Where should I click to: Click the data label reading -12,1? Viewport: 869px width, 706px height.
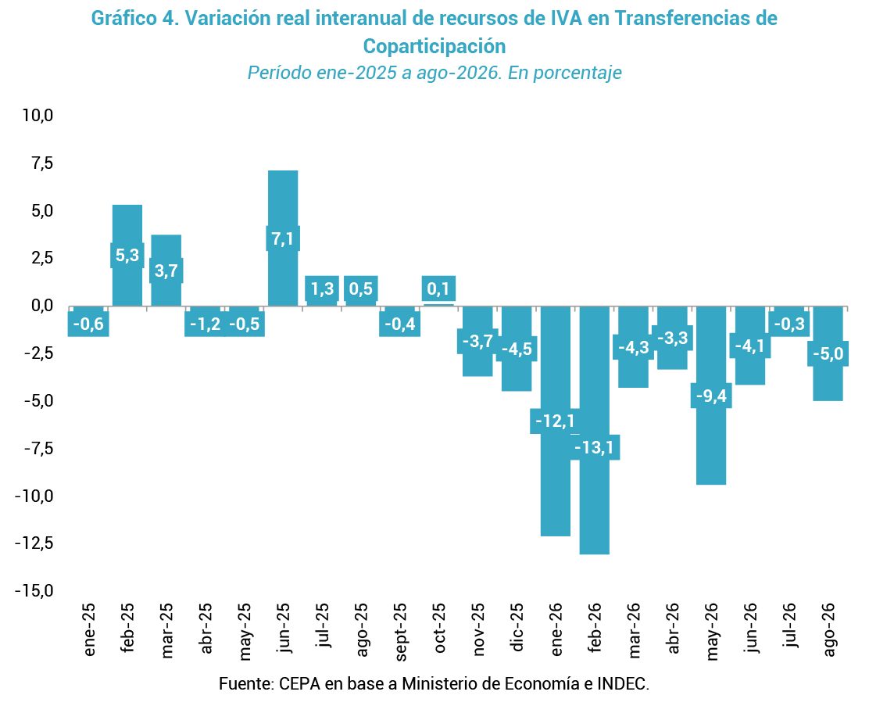(555, 421)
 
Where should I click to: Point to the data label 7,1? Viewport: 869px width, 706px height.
(283, 238)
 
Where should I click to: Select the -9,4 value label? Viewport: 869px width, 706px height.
(711, 396)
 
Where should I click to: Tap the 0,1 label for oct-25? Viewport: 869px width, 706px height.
(438, 288)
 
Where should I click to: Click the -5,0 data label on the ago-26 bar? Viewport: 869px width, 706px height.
(828, 353)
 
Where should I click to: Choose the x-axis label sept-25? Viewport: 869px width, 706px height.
(401, 632)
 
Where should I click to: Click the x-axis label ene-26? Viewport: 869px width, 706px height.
(556, 629)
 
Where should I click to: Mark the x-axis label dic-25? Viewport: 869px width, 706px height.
(517, 627)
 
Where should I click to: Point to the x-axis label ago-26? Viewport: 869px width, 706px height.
(828, 629)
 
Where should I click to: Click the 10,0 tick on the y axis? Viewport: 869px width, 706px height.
(38, 116)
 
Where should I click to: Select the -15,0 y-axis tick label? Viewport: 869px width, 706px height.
(34, 590)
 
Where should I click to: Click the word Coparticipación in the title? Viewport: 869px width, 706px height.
(434, 47)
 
